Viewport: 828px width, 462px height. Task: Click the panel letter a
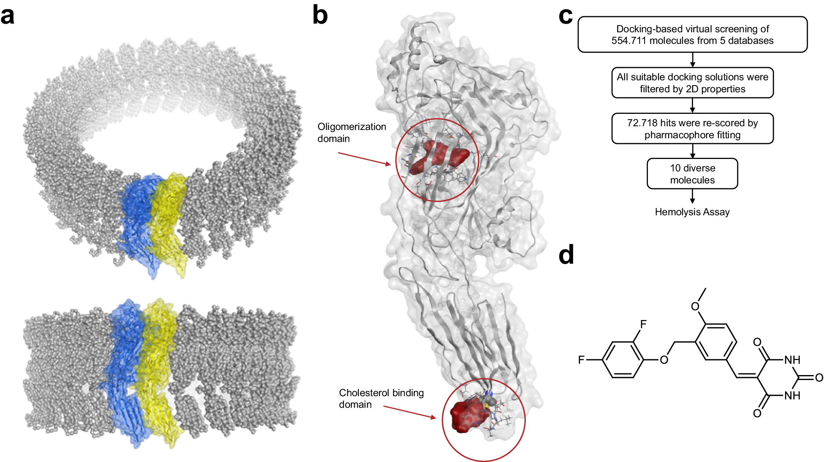(x=7, y=17)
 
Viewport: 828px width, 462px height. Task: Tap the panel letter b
(x=320, y=16)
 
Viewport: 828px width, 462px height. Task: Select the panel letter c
(x=566, y=17)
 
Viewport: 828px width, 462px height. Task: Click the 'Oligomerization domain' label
(x=351, y=132)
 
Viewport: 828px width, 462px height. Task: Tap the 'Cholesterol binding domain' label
(x=381, y=398)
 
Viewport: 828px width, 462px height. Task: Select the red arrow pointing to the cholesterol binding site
(x=409, y=412)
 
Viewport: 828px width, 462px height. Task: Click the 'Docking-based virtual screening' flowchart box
(x=692, y=35)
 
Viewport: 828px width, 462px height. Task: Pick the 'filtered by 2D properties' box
(x=692, y=83)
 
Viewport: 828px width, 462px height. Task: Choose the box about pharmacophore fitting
(x=692, y=129)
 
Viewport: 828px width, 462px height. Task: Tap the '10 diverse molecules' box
(x=692, y=174)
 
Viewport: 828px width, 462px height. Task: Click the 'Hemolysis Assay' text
(x=692, y=212)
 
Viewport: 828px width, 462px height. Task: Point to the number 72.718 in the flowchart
(x=642, y=123)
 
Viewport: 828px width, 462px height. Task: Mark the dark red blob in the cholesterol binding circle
(x=466, y=416)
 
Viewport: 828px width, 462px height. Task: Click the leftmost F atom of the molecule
(x=581, y=360)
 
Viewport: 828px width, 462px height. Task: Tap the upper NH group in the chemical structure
(x=792, y=360)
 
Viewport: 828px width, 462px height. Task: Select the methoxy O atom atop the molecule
(x=695, y=306)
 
